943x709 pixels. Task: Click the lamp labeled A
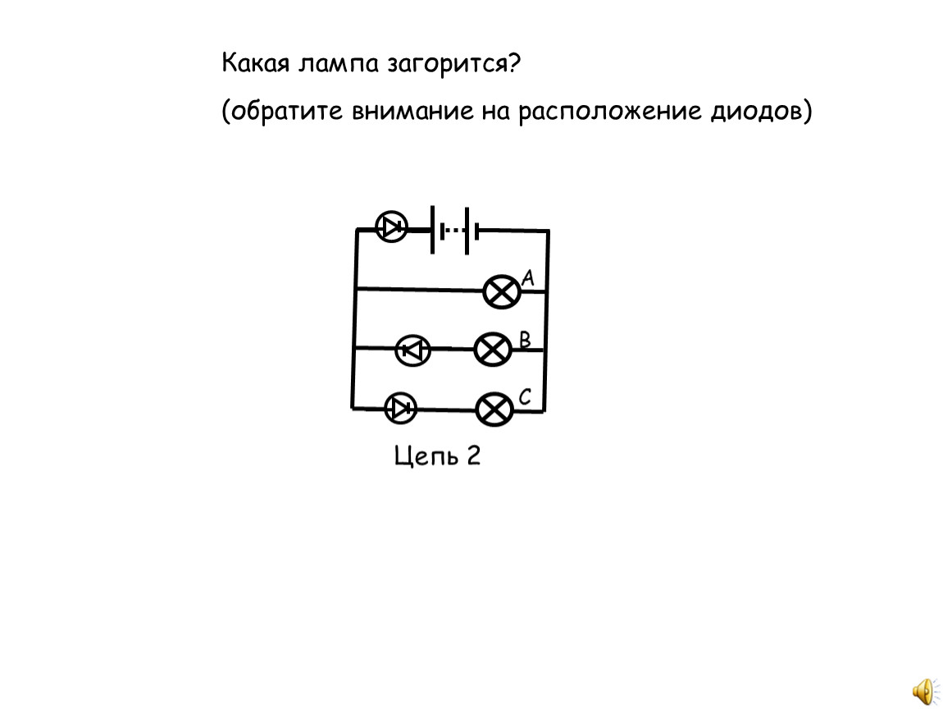coord(502,292)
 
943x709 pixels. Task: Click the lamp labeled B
coord(493,349)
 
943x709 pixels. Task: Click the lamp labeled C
coord(494,409)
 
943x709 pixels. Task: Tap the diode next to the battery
coord(391,227)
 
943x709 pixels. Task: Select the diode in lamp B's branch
coord(412,350)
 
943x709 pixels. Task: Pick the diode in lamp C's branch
coord(400,408)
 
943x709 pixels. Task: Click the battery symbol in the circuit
coord(454,231)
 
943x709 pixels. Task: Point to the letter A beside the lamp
coord(527,277)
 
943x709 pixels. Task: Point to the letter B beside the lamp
coord(525,340)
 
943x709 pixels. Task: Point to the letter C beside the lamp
coord(525,396)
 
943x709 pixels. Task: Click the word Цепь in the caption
coord(419,456)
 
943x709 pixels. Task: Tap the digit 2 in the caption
coord(473,455)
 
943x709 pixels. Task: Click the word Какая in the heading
coord(256,62)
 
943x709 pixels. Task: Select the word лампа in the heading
coord(339,63)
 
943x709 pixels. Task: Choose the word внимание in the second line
coord(412,112)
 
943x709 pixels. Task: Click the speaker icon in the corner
coord(924,692)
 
